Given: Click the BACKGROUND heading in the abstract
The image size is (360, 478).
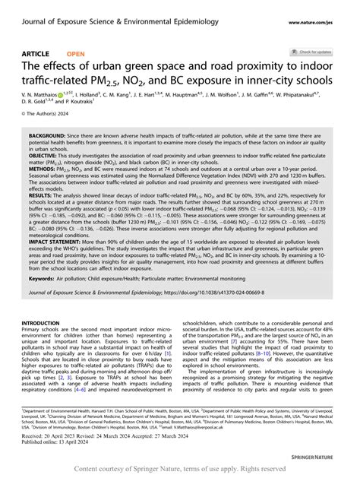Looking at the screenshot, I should (46, 135).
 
